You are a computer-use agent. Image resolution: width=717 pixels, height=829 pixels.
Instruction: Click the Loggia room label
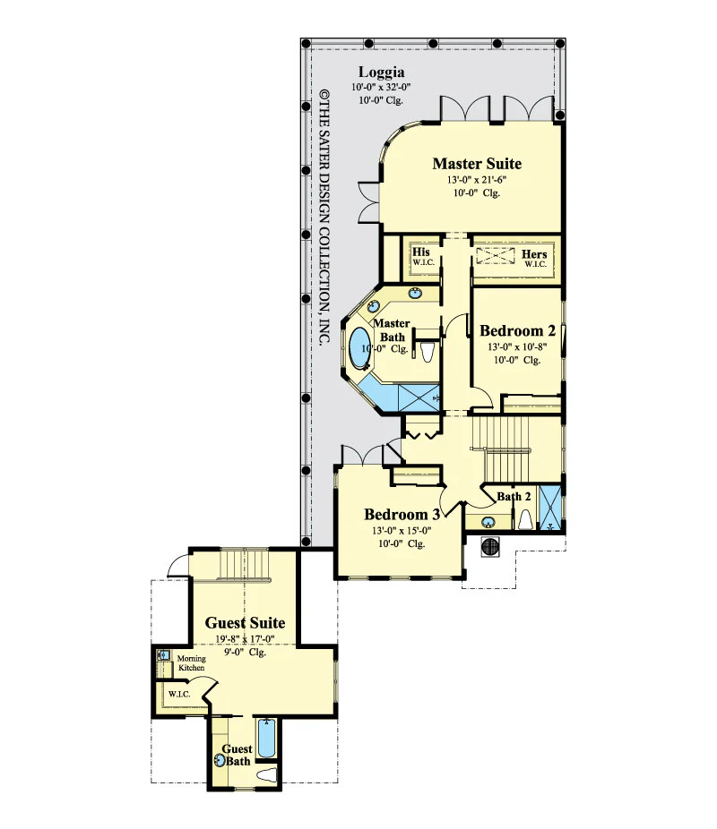382,73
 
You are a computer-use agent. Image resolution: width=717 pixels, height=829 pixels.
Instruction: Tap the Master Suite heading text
477,164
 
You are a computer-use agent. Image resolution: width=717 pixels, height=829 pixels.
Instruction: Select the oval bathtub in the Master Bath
359,347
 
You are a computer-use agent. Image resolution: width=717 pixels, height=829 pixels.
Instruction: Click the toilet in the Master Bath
428,352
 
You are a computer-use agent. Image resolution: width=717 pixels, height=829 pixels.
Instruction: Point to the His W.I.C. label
423,256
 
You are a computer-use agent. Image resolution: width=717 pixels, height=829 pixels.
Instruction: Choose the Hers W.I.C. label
534,258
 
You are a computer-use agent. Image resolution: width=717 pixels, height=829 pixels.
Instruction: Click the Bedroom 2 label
517,331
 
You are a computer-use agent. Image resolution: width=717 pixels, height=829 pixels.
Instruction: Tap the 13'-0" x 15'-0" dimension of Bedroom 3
402,531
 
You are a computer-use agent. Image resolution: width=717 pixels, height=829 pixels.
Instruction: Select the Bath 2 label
514,497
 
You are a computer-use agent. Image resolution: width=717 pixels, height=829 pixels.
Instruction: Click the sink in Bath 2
488,522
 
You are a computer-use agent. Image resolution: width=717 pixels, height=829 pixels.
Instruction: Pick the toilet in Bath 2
525,519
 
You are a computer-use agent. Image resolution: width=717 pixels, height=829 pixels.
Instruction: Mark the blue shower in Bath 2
549,508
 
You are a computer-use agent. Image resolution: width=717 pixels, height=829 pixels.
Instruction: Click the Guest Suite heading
245,623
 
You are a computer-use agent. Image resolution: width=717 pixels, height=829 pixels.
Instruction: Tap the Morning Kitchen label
191,663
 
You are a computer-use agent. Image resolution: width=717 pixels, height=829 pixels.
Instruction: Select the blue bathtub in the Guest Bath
266,739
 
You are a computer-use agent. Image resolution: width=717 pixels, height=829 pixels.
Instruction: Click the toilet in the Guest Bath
267,775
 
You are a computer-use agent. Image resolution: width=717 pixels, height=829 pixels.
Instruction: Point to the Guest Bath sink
220,761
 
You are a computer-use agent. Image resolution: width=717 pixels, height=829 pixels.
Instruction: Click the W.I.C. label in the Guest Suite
179,694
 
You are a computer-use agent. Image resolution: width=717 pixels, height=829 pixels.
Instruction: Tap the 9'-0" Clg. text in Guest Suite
245,653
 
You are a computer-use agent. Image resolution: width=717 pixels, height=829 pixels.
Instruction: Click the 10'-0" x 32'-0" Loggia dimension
382,87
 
